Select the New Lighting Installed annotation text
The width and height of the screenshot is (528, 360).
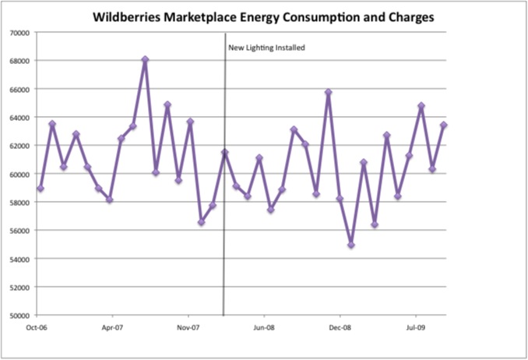(266, 48)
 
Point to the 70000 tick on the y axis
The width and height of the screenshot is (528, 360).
(19, 32)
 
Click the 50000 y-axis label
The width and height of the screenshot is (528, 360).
(19, 316)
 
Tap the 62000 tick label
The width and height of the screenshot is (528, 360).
(19, 146)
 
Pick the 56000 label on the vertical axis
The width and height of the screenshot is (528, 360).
(19, 231)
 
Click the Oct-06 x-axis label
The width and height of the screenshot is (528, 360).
(35, 328)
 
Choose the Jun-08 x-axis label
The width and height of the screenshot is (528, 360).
(265, 328)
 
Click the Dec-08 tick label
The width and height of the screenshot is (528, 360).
(340, 328)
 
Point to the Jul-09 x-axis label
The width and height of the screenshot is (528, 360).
(417, 328)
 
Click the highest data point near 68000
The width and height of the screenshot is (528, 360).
(145, 59)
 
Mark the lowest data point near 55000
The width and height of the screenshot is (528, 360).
(351, 245)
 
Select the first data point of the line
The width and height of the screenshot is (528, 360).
(40, 189)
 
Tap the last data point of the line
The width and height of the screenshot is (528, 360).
(444, 125)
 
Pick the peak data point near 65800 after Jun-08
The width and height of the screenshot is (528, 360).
(328, 92)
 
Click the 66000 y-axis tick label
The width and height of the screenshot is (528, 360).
(19, 89)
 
